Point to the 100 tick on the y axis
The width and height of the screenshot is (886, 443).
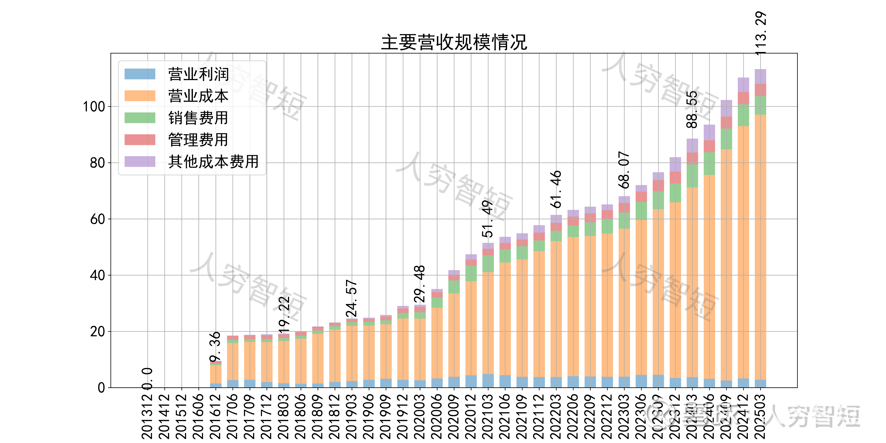(94, 107)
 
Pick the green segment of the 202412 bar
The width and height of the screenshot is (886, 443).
(743, 115)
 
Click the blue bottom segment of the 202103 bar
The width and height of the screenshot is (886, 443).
(488, 381)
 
